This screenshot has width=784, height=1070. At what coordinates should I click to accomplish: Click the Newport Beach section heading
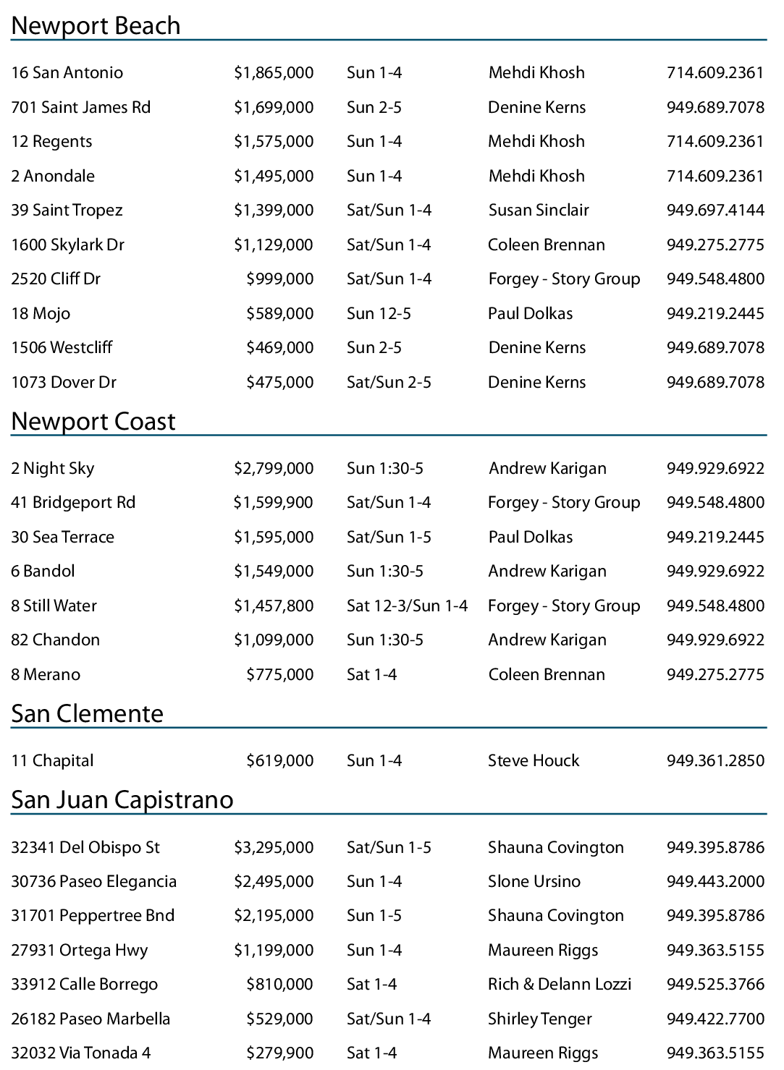[x=96, y=26]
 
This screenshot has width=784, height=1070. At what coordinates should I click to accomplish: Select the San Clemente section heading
[x=87, y=714]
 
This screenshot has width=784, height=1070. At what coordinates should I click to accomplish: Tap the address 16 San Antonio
[x=67, y=73]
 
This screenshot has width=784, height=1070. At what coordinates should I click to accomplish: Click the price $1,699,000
[x=274, y=108]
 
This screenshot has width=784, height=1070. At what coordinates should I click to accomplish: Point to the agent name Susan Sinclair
[x=538, y=211]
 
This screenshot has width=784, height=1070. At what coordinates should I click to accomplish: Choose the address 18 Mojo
[x=41, y=314]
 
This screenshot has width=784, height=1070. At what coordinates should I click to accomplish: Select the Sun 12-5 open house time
[x=379, y=314]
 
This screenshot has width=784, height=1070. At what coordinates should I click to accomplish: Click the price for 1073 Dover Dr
[x=279, y=383]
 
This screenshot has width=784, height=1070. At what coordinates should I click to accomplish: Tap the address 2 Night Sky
[x=52, y=469]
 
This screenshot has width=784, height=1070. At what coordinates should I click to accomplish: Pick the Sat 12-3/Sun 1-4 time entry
[x=407, y=606]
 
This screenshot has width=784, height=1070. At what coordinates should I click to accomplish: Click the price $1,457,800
[x=274, y=606]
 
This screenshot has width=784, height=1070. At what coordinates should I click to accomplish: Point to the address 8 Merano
[x=46, y=675]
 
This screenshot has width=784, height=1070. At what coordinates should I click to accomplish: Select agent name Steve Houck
[x=533, y=761]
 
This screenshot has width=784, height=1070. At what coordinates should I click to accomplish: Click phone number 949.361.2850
[x=715, y=761]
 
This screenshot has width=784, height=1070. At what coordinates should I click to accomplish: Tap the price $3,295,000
[x=274, y=848]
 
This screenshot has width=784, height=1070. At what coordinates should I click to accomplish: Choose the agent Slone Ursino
[x=534, y=882]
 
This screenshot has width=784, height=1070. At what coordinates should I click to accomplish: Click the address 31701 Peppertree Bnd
[x=93, y=916]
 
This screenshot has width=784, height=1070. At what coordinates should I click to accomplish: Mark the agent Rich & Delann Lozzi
[x=559, y=985]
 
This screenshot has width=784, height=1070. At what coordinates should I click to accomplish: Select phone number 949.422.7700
[x=715, y=1019]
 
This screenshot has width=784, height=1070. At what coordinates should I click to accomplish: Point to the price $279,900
[x=279, y=1053]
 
